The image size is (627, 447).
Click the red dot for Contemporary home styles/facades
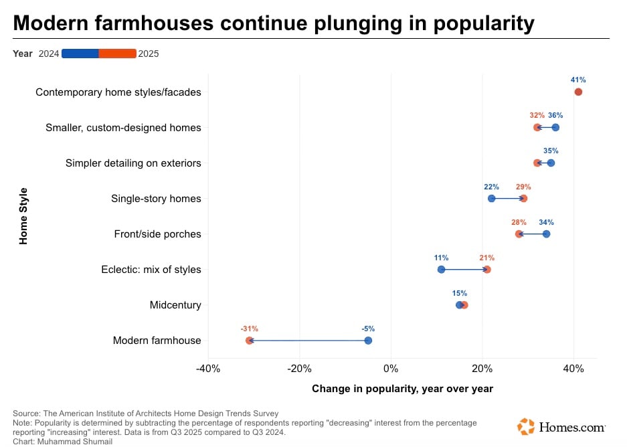(578, 92)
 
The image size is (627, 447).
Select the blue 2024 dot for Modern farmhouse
(368, 341)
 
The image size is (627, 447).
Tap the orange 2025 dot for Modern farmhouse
(250, 341)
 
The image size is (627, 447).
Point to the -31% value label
(250, 329)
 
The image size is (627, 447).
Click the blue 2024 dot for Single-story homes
(492, 198)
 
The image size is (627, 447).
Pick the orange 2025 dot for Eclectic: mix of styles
(487, 270)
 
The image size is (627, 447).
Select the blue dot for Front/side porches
(547, 234)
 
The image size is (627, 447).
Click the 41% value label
(578, 80)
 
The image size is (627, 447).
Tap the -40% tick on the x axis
(208, 369)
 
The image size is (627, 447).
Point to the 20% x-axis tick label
(482, 369)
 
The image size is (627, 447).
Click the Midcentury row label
(175, 305)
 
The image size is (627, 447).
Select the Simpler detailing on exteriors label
(133, 163)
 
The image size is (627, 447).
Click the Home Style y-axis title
(24, 216)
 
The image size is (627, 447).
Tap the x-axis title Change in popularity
(402, 389)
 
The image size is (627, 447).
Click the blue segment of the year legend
(80, 54)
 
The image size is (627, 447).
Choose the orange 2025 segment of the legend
(118, 54)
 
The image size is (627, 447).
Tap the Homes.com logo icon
(526, 427)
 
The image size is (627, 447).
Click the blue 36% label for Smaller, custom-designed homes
(555, 115)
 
